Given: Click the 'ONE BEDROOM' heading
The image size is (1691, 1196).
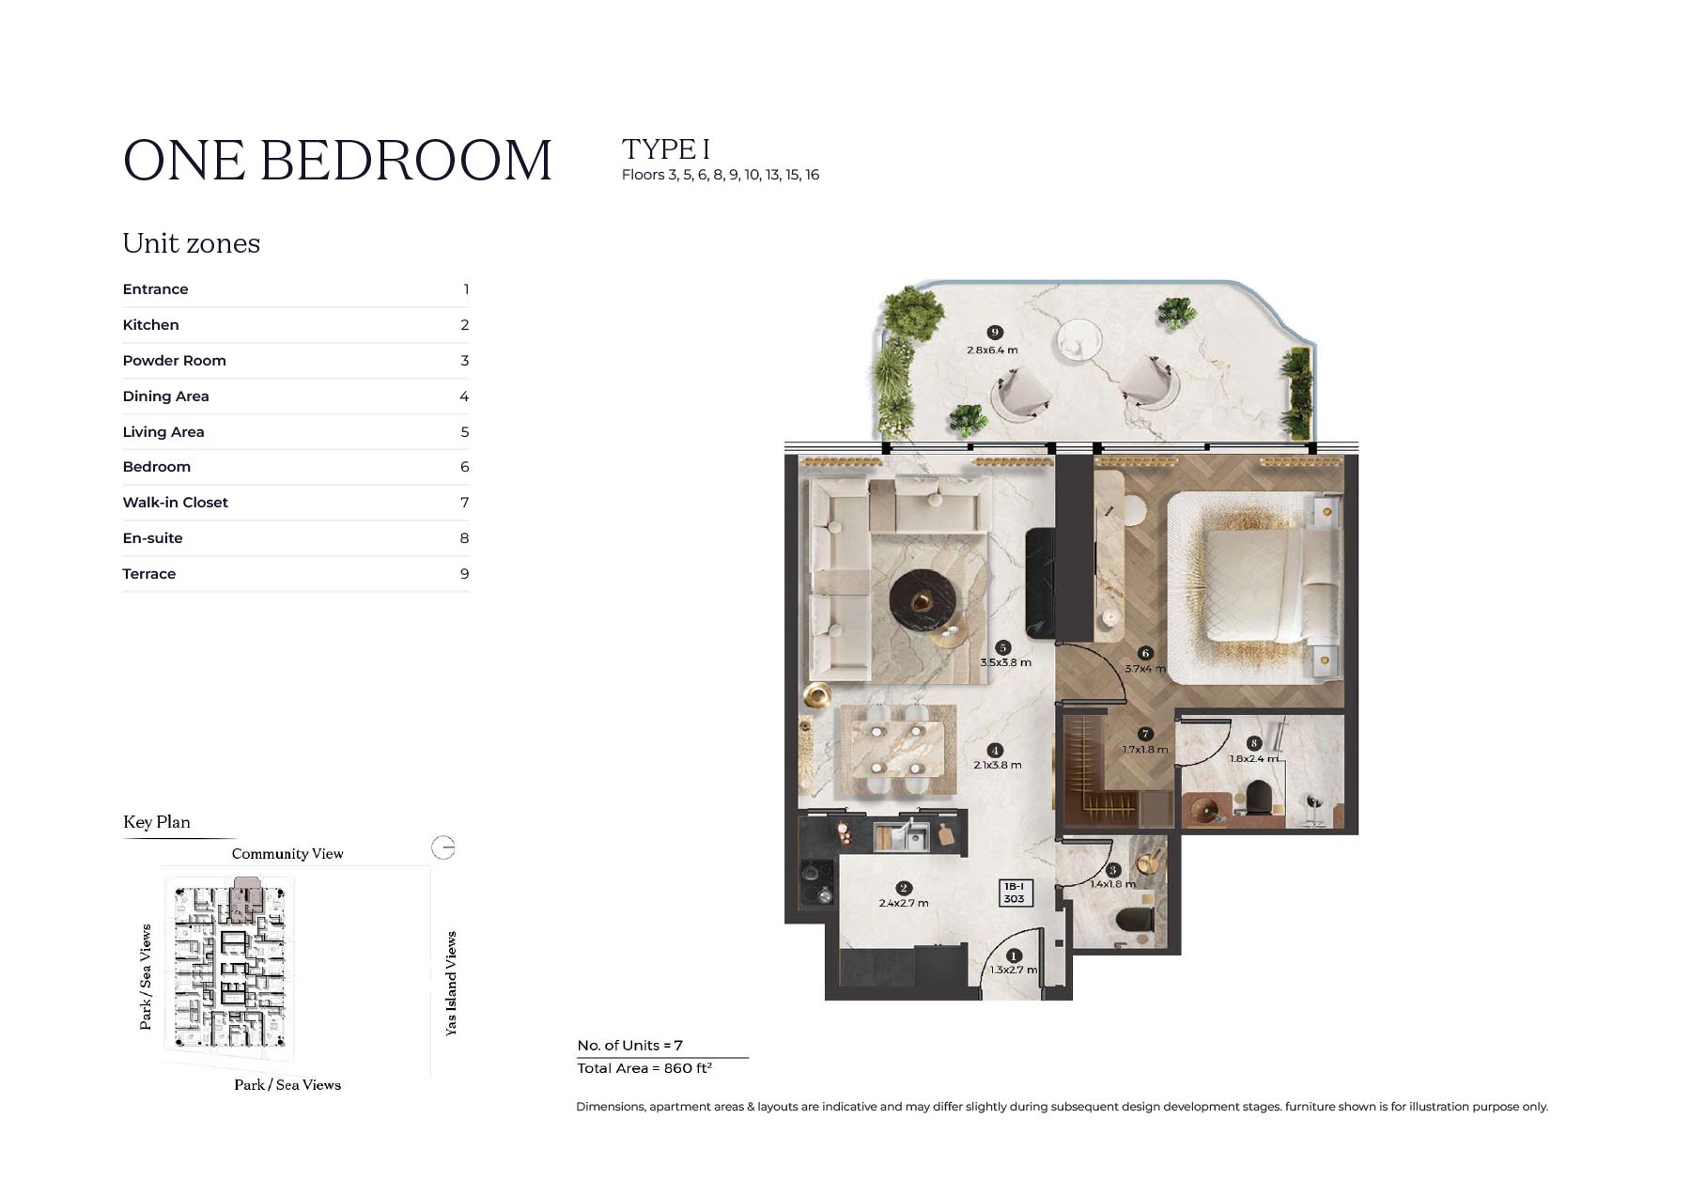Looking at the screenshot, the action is pos(337,160).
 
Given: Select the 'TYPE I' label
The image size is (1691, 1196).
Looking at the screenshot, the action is pos(666,149).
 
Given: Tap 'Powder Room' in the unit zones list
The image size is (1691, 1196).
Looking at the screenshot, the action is pos(174,361).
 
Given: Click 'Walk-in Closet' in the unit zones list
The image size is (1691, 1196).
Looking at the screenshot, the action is pos(175,503).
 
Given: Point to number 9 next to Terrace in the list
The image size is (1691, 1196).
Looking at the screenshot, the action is pos(464,574).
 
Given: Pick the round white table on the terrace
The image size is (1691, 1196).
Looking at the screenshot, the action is pos(1078,339).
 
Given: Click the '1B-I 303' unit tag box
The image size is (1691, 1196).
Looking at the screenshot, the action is pos(1014,893).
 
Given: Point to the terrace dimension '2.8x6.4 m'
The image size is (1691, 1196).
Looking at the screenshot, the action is pos(992,350).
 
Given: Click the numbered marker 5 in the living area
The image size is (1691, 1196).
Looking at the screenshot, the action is pos(1003,647).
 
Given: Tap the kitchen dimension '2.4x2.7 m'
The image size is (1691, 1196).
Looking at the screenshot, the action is pos(904,903).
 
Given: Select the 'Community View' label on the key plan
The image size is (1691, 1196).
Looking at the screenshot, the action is pos(287,854).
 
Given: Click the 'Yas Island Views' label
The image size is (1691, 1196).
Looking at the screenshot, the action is pos(451,984).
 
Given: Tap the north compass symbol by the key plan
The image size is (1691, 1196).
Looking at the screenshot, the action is pos(443,847).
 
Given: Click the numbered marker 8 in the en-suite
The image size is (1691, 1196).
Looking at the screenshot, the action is pos(1253,743).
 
